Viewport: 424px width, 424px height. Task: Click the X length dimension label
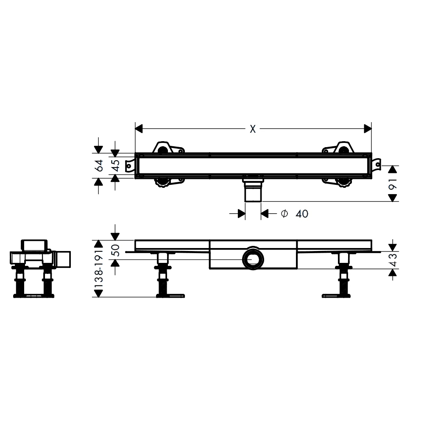click(253, 129)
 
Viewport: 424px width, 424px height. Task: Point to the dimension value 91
click(393, 183)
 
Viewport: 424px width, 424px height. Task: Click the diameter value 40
click(301, 214)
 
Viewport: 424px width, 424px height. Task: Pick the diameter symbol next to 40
click(284, 214)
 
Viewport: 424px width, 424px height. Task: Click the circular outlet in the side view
click(253, 259)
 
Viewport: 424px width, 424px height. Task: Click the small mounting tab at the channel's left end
click(130, 165)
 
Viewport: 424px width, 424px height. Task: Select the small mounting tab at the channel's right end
click(377, 165)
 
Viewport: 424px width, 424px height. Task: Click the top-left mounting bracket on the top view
click(168, 148)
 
